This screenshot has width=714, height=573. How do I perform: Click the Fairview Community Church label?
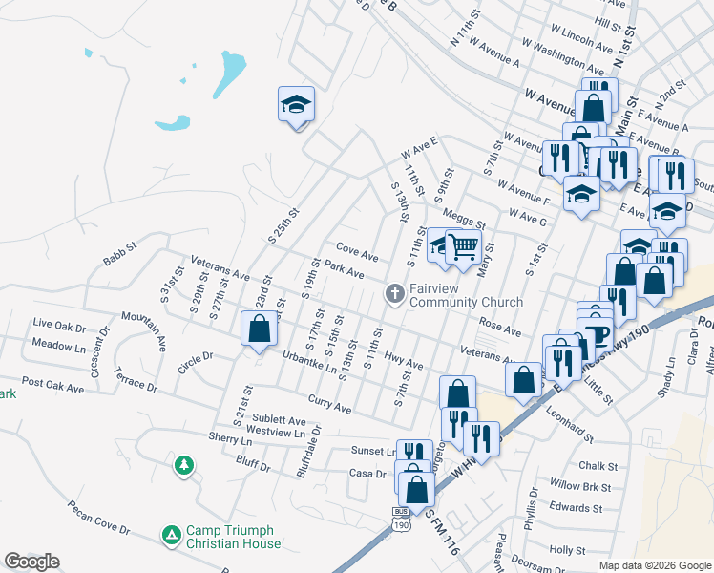tap(466, 295)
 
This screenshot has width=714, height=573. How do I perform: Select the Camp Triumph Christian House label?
tap(233, 537)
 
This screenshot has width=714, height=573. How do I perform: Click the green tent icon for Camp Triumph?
tap(172, 535)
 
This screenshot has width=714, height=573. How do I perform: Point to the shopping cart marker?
tap(463, 246)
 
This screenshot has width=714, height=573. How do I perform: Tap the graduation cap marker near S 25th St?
tap(296, 103)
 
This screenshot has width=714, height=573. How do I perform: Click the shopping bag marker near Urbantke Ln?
tap(259, 330)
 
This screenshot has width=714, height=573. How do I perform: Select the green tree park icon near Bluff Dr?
tap(182, 465)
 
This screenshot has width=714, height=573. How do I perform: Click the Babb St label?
tap(121, 258)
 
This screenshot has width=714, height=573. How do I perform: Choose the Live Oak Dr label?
tap(58, 325)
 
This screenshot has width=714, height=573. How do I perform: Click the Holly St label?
tap(567, 550)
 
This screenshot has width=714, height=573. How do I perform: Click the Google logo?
tap(31, 562)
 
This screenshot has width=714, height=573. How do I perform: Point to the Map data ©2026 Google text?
tap(655, 565)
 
